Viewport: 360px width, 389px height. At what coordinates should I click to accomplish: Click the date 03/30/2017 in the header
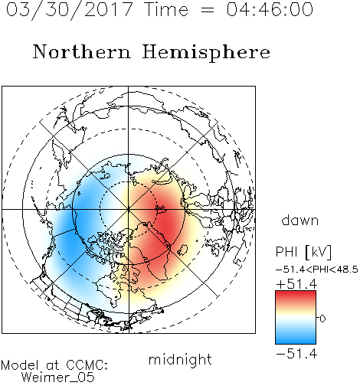coord(69,9)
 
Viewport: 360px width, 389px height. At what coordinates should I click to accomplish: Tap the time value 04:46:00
coord(270,9)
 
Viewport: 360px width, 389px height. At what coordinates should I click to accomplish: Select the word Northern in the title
coord(82,52)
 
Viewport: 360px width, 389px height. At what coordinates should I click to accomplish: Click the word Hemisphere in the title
coord(206,52)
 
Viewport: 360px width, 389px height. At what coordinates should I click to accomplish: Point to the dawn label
coord(300,220)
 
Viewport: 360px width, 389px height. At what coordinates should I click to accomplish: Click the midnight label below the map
coord(180,360)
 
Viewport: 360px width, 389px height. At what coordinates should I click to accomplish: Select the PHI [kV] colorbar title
coord(303,252)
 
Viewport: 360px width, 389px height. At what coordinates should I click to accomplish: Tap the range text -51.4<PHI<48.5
coord(317,270)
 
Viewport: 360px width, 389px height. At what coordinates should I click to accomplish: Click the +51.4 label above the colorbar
coord(296,284)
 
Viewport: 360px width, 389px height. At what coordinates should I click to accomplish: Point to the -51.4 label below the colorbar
coord(296,354)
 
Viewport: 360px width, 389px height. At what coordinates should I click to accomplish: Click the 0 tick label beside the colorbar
coord(322,319)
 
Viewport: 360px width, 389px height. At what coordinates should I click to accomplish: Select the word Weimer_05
coord(58,378)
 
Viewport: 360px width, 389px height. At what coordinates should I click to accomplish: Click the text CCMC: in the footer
coord(87,365)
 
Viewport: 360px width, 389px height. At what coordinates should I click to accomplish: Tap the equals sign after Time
coord(207,10)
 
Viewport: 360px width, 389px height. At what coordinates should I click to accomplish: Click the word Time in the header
coord(166,9)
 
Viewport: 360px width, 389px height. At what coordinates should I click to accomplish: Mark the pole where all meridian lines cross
coord(129,210)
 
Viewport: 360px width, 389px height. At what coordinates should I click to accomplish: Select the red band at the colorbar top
coord(296,294)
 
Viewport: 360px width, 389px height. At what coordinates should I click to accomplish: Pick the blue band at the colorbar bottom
coord(296,341)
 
